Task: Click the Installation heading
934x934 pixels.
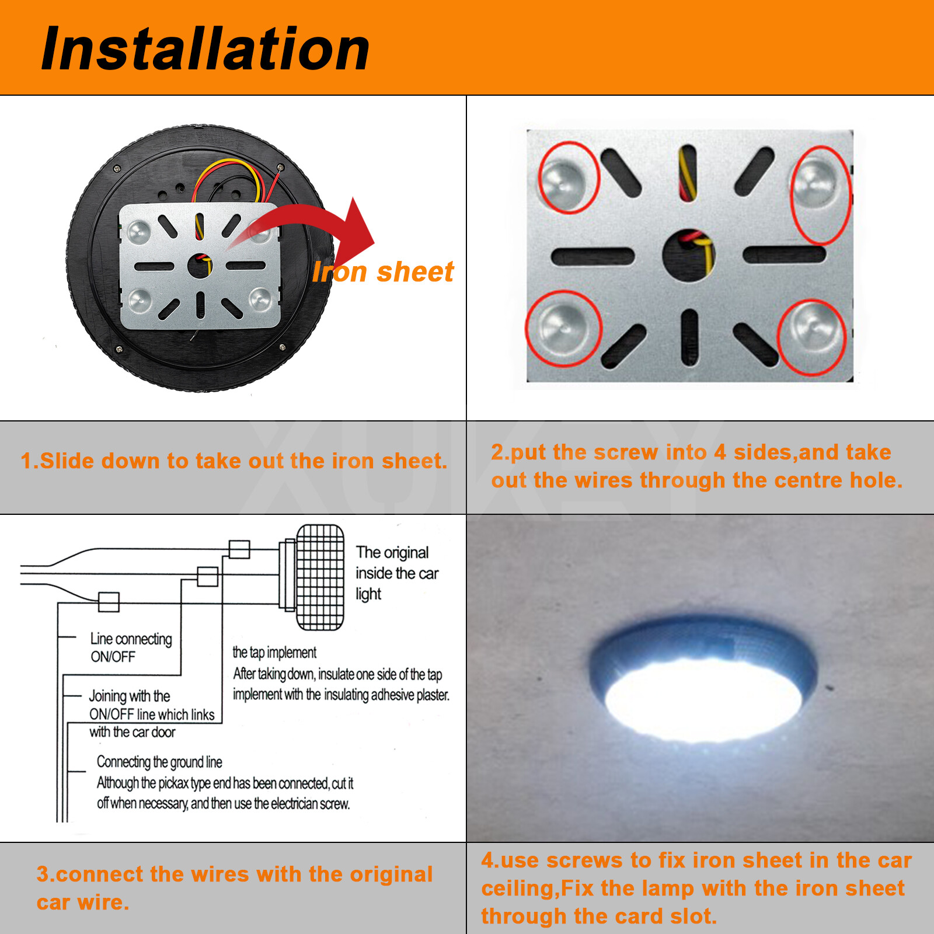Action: coord(205,49)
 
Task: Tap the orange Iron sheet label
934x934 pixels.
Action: coord(383,272)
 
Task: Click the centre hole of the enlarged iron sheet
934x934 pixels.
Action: coord(689,255)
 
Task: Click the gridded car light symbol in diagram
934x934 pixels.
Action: coord(320,577)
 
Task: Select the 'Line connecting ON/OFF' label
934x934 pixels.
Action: coord(131,647)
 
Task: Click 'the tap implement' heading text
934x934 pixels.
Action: coord(274,652)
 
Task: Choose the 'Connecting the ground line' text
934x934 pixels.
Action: coord(159,762)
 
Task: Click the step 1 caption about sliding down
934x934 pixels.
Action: coord(233,461)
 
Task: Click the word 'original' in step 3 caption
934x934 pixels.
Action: coord(391,874)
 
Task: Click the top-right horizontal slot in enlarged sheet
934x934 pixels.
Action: coord(784,255)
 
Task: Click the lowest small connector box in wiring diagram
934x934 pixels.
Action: coord(109,602)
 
